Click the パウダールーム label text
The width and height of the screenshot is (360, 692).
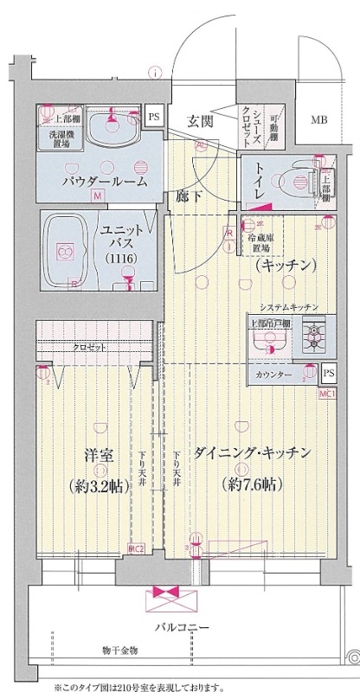[x=104, y=182]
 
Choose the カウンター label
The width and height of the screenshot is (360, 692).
[x=274, y=375]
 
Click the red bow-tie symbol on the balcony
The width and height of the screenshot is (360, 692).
[x=164, y=594]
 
